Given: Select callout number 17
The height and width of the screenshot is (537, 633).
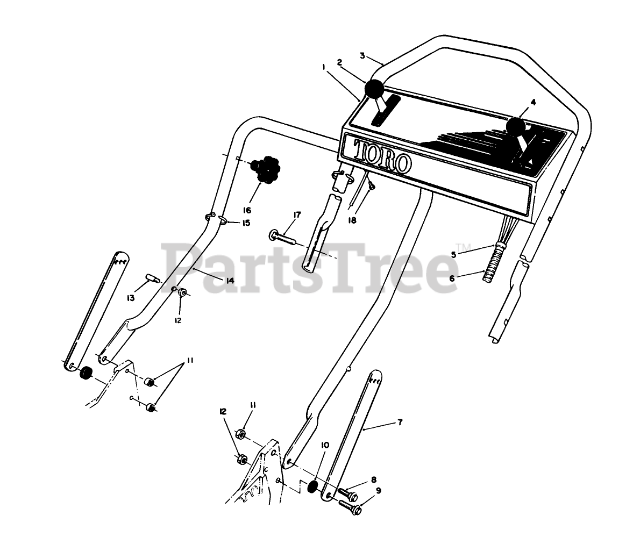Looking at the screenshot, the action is (297, 214).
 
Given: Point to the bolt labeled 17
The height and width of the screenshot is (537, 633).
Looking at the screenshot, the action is (286, 237).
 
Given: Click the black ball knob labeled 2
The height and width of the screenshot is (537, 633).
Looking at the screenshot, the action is (374, 88).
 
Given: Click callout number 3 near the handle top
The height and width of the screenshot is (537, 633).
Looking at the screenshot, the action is (362, 55).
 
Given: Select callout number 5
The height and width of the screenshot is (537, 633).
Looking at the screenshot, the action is (453, 254).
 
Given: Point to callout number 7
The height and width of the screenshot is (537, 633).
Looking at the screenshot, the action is (399, 423).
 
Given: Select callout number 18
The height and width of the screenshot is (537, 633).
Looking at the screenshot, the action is (368, 220).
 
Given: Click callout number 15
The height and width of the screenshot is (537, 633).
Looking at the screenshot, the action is (245, 223).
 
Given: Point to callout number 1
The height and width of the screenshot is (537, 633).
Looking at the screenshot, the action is (324, 67).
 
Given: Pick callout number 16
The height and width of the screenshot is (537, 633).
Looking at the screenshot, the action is (247, 210).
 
